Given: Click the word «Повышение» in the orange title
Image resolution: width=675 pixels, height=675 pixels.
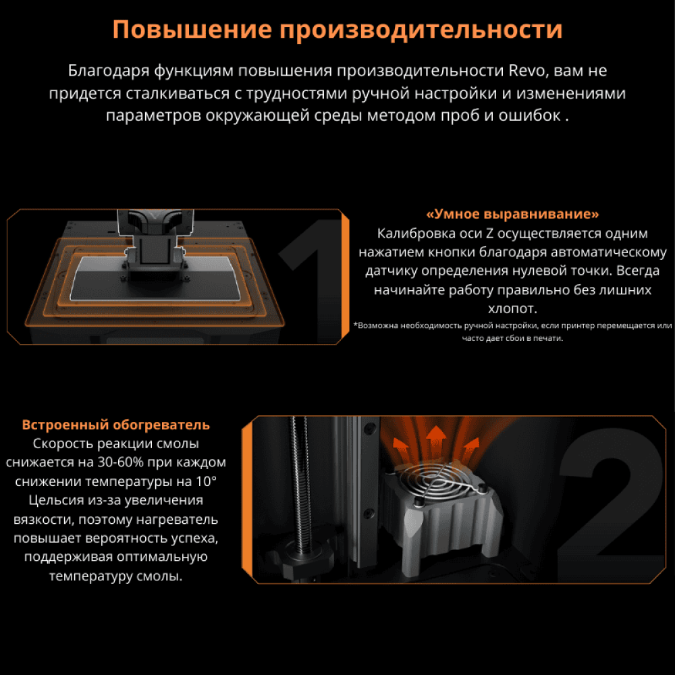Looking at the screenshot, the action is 192,30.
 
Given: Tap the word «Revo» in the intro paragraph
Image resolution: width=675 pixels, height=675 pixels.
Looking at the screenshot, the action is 529,70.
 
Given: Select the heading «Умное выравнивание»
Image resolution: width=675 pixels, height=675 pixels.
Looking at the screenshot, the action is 512,214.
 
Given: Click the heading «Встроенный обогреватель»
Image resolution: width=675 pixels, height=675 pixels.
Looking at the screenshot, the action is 116,425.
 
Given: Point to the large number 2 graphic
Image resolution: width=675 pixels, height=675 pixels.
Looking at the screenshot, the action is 612,504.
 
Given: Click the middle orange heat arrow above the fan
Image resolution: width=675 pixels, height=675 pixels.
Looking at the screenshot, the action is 436,439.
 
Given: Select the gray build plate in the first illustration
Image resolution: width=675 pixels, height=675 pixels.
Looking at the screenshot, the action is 155,277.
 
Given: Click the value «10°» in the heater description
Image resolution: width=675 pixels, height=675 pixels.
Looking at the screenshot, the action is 206,481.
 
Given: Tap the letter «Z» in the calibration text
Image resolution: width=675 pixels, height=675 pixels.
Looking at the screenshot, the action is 489,234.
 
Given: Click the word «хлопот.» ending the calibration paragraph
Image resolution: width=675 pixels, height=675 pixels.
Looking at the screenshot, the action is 512,308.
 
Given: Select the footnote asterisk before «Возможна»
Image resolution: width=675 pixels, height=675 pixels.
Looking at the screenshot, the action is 355,325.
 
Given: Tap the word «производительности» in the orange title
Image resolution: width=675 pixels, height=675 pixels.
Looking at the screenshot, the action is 421,30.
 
